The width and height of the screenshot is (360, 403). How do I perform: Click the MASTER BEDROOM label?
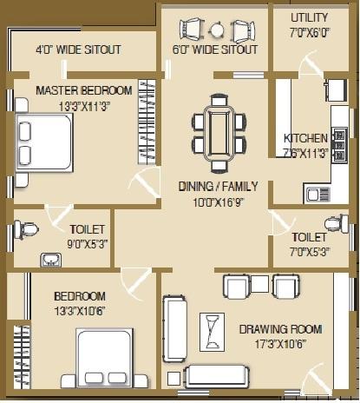tap(84, 90)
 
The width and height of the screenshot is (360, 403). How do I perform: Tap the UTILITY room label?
tap(310, 17)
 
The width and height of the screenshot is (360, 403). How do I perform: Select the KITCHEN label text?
tap(305, 138)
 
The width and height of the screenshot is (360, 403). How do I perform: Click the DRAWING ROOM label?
tap(280, 329)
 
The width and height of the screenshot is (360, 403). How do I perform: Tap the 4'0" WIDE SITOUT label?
tap(78, 49)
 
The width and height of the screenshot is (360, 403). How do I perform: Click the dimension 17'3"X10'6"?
tap(280, 343)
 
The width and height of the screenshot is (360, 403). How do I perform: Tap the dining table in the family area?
tap(217, 132)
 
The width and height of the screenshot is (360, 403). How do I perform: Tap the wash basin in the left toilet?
tap(47, 259)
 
